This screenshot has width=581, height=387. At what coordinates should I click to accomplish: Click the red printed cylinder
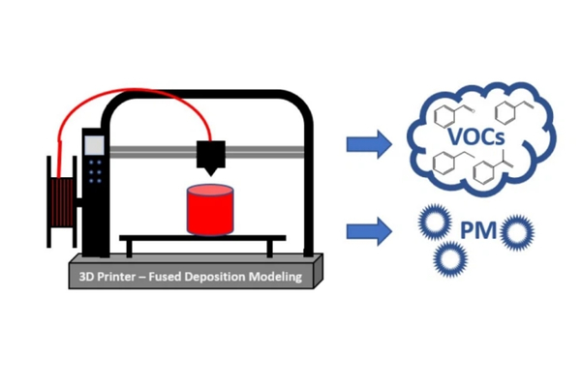(x=210, y=210)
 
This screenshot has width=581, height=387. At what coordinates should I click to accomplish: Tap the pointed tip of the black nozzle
(x=210, y=176)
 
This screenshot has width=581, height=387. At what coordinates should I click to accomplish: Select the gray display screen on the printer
(x=94, y=145)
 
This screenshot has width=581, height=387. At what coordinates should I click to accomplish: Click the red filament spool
(x=62, y=202)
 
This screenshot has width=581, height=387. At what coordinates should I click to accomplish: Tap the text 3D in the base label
(x=86, y=277)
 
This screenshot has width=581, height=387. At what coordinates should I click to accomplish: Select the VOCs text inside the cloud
(x=476, y=136)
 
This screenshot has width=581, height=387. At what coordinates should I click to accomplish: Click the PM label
(x=478, y=230)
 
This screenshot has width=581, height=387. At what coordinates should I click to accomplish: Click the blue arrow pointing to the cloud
(x=369, y=144)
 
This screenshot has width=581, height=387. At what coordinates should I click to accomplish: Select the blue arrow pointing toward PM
(x=369, y=231)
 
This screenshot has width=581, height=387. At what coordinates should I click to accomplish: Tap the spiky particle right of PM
(x=517, y=232)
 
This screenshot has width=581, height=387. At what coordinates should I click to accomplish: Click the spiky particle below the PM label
(x=450, y=259)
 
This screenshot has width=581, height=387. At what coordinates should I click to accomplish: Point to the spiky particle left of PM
(x=435, y=223)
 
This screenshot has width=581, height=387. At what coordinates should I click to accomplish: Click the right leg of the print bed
(x=270, y=249)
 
